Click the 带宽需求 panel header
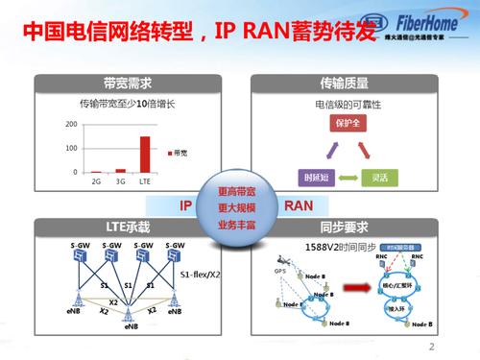coord(117,83)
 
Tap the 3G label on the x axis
coord(121,180)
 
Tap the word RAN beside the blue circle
coord(298,205)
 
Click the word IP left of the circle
coord(188,205)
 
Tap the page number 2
coord(432,348)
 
